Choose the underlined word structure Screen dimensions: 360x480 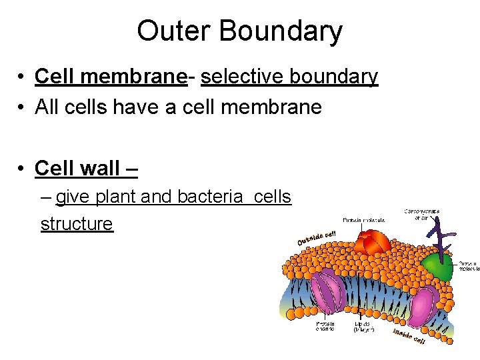(77, 223)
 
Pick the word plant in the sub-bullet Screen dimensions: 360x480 (117, 197)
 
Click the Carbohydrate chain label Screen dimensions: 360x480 (421, 214)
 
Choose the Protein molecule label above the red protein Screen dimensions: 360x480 (363, 219)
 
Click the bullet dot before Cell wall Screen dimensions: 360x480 (23, 169)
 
